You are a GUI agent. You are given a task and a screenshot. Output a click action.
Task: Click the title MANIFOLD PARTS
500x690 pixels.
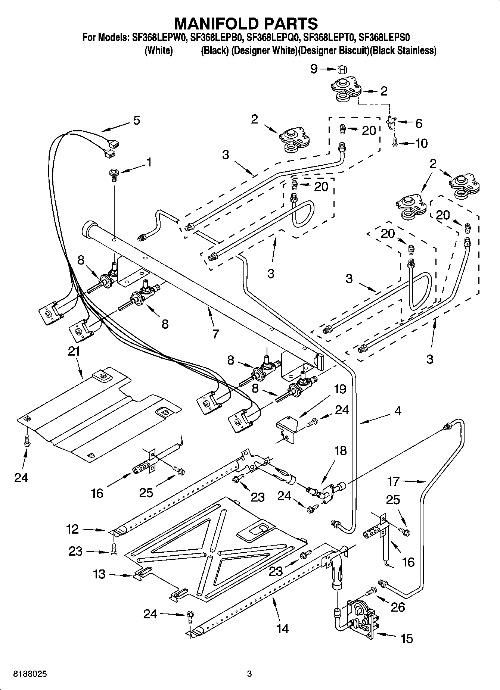[x=246, y=23]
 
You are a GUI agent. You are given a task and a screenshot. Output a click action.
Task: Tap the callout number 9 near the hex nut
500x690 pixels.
[x=314, y=69]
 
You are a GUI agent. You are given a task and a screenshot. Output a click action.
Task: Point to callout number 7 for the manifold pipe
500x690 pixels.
[x=215, y=334]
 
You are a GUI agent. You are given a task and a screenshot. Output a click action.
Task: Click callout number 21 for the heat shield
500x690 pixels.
[x=74, y=351]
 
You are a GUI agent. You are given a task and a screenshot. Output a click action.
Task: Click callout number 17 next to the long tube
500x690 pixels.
[x=394, y=481]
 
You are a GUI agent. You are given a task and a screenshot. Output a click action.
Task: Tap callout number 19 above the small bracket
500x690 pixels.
[x=340, y=389]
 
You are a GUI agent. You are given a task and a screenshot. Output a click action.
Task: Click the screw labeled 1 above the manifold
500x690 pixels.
[x=114, y=175]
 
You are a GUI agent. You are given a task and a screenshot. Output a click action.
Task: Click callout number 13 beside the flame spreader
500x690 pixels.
[x=99, y=574]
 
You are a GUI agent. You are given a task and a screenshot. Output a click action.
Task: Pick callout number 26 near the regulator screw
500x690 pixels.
[x=398, y=607]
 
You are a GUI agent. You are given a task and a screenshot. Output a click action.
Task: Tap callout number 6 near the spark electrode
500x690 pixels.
[x=419, y=123]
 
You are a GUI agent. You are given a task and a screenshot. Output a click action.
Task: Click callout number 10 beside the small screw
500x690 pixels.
[x=421, y=143]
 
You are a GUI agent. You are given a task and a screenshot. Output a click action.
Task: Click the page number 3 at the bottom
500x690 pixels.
[x=249, y=674]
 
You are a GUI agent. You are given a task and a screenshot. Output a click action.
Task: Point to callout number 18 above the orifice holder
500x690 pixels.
[x=340, y=450]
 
